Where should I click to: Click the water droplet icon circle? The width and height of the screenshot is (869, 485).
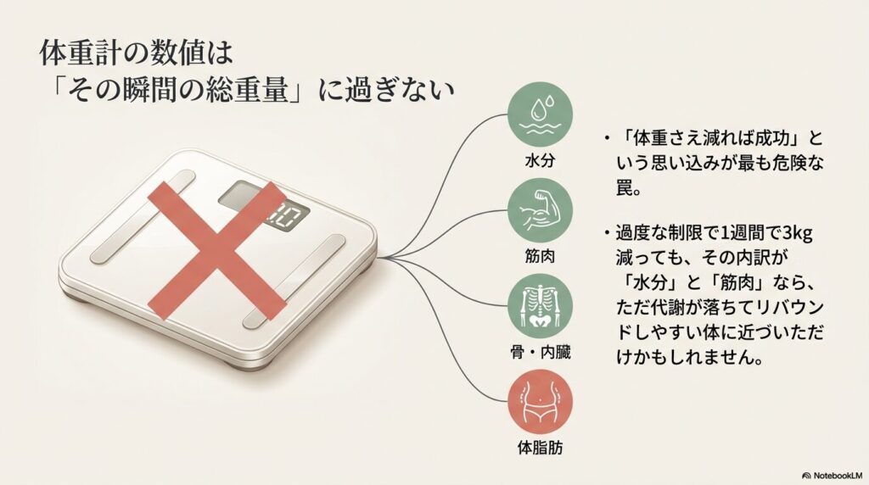[541, 114]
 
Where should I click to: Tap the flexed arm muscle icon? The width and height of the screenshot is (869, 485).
[541, 210]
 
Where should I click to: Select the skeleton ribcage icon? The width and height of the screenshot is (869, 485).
[541, 306]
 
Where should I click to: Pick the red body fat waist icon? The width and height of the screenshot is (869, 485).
[541, 402]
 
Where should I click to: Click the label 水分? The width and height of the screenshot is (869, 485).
[540, 160]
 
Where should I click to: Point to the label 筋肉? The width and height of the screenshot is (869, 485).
[540, 256]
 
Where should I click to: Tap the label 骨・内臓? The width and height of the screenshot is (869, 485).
[540, 352]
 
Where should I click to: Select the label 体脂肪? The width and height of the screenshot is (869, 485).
[540, 448]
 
